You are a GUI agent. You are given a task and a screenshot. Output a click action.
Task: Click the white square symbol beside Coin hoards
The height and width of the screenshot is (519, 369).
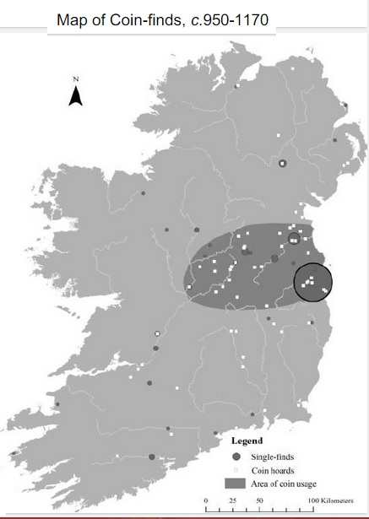(x=237, y=470)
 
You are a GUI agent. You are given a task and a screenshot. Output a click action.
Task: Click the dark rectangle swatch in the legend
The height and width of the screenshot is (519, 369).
(x=237, y=484)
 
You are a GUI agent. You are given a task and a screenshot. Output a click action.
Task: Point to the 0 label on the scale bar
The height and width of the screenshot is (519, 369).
(x=206, y=501)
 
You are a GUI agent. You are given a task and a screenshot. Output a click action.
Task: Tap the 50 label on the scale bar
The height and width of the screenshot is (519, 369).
(x=260, y=501)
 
